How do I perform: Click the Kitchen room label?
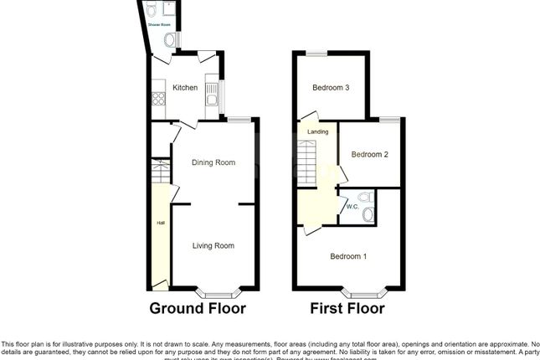185,88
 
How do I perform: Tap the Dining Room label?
213,162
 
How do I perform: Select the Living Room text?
213,245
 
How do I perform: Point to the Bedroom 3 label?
331,87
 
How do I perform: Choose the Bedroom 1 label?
347,256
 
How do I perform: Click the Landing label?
318,132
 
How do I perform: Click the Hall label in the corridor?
159,223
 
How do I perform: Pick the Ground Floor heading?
198,308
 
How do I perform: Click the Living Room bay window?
220,293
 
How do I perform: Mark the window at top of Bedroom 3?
316,54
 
